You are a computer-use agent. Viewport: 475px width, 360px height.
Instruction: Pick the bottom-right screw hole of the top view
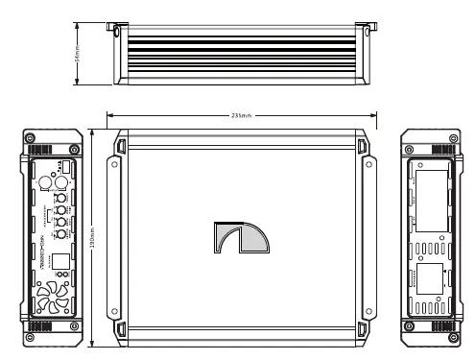coord(365,313)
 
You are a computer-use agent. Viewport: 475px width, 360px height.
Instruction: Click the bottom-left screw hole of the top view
coord(114,313)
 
